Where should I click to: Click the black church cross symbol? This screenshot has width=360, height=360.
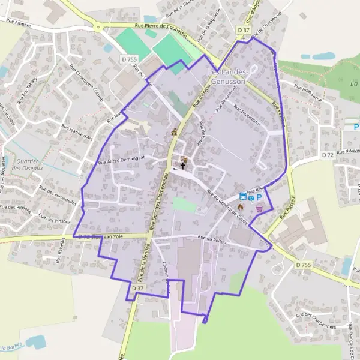[x=183, y=165]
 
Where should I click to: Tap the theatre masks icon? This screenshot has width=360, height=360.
[x=184, y=158]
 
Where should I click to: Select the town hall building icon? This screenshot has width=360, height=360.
[x=174, y=132]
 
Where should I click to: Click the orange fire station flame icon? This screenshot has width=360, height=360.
[x=241, y=206]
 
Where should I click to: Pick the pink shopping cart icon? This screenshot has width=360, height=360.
[x=259, y=209]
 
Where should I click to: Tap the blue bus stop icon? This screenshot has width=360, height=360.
[x=243, y=196]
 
